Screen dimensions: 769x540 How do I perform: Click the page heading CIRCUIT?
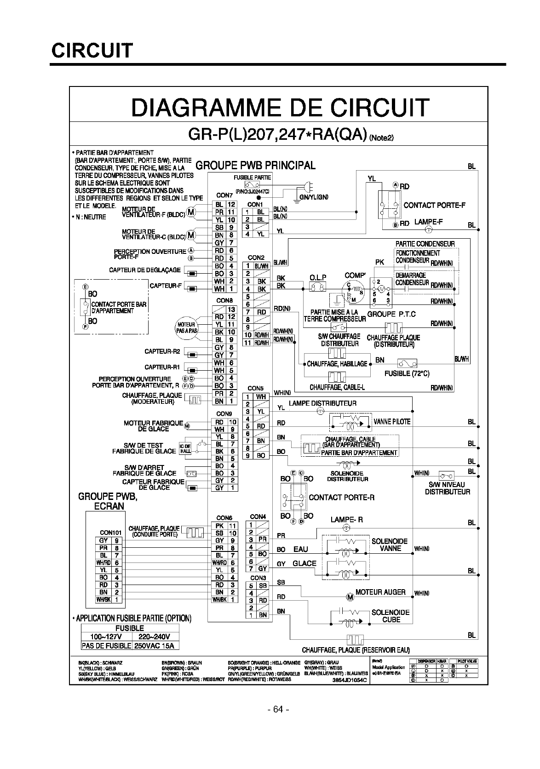92,50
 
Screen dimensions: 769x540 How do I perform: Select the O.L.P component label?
318,277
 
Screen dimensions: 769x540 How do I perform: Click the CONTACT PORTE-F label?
434,205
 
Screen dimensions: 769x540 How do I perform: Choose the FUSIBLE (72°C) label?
407,373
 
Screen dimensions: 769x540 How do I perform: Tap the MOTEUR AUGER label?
380,592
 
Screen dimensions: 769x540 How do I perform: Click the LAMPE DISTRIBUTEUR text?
322,403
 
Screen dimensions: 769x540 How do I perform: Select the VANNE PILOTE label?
392,421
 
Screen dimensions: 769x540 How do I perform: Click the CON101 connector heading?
110,533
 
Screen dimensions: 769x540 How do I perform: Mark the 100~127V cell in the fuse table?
106,637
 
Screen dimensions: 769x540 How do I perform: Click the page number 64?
278,709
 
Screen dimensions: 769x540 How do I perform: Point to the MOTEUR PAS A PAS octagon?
187,328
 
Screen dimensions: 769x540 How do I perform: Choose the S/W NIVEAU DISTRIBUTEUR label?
447,488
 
